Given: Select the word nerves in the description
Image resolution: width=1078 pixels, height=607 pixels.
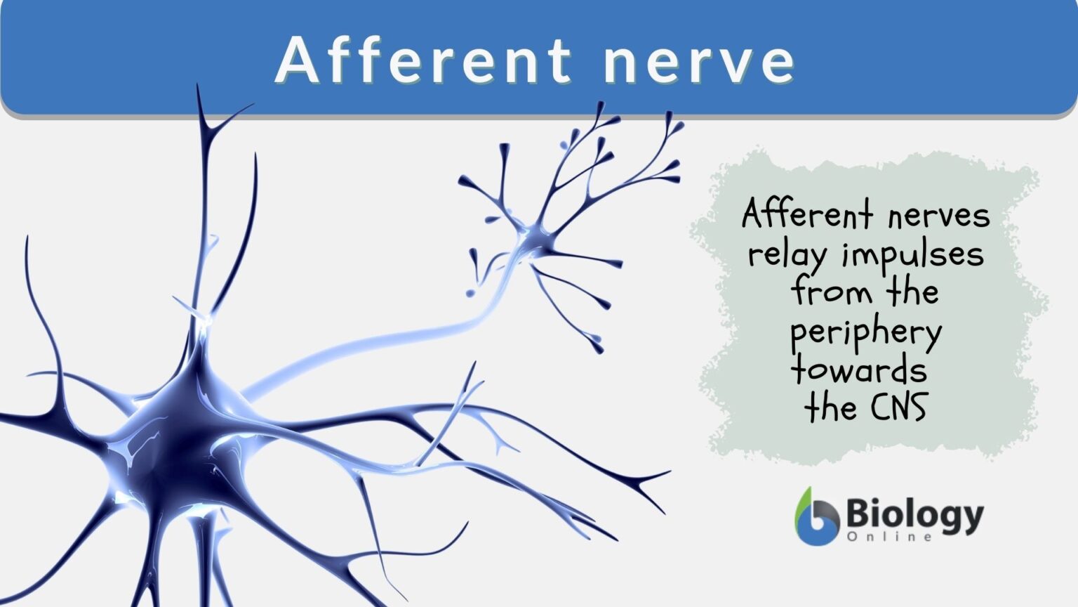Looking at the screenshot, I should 938,216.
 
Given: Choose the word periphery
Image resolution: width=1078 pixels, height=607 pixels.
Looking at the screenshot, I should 866,333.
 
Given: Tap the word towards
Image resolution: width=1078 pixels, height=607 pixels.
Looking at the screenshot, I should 859,370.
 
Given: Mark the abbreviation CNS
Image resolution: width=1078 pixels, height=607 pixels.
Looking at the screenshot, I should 900,407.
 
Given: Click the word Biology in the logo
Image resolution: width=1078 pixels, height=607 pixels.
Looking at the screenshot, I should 914,516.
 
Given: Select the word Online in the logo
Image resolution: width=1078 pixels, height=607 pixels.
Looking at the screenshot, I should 889,537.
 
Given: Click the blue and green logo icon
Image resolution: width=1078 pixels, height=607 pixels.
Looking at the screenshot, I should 816,517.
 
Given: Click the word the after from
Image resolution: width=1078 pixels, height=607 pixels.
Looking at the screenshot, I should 912,291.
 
